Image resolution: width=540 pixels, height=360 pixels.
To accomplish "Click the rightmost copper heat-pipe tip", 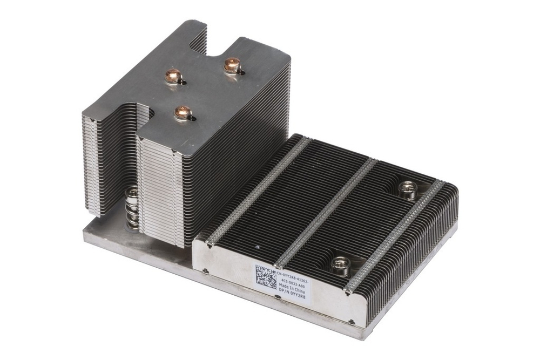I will (x=232, y=65).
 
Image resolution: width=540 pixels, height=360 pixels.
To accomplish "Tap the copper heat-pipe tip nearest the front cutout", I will (x=183, y=112).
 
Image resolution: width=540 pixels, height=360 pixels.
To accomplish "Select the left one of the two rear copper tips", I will (x=173, y=76).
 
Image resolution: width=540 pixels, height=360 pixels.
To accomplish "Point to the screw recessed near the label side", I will (x=340, y=264).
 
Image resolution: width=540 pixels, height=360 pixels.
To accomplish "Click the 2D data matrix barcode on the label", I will (x=266, y=277).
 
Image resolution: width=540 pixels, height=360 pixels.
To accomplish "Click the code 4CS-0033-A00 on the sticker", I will (x=293, y=283).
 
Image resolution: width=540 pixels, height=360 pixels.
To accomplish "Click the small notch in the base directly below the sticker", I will (x=278, y=297).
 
